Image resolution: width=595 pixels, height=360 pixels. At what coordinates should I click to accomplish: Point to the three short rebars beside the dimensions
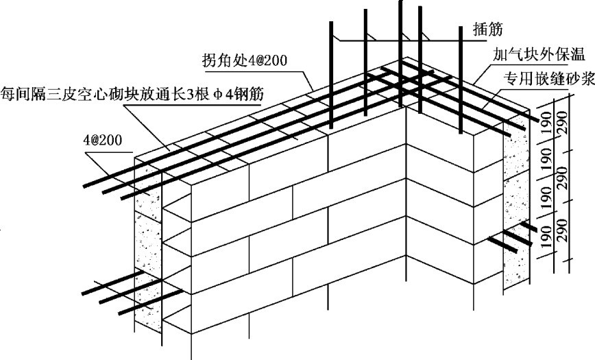pos(511,237)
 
